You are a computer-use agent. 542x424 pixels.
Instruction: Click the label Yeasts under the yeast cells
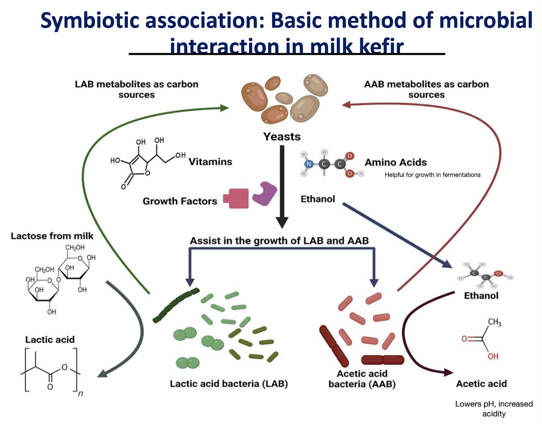tap(282, 137)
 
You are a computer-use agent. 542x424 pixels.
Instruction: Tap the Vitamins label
tap(210, 162)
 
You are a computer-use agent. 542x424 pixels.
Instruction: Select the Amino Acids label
tap(396, 163)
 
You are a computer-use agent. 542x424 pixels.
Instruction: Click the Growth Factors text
tap(180, 201)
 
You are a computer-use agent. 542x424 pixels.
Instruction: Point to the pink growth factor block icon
tap(236, 198)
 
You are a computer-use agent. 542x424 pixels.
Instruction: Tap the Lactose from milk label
tap(52, 236)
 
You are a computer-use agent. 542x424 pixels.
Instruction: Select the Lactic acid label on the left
tap(50, 339)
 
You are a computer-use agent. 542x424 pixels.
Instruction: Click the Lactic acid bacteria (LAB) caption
tap(229, 384)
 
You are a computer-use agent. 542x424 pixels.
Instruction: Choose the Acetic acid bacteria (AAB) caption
tap(362, 379)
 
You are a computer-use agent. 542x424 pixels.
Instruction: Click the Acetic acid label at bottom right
tap(481, 384)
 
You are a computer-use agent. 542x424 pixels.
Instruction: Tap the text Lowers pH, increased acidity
tap(494, 409)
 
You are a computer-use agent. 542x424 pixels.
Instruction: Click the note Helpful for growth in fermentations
tap(432, 175)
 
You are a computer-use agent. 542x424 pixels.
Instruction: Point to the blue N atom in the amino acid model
tap(308, 164)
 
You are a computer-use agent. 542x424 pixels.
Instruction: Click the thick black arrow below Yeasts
tap(282, 186)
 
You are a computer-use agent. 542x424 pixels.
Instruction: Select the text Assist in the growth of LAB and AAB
tap(279, 240)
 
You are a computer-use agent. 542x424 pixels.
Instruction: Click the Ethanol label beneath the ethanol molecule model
tap(481, 296)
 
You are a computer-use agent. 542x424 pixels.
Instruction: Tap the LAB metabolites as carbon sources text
tap(137, 89)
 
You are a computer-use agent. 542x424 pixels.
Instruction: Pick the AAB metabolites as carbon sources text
tap(426, 89)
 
